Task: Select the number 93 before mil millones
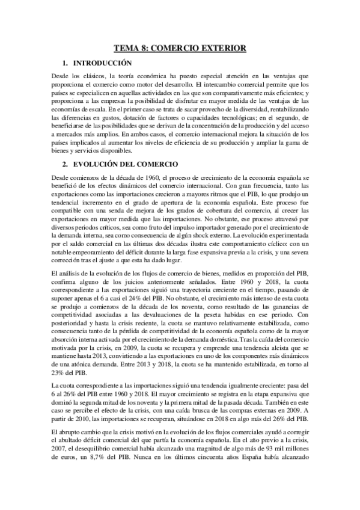pos(272,452)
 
